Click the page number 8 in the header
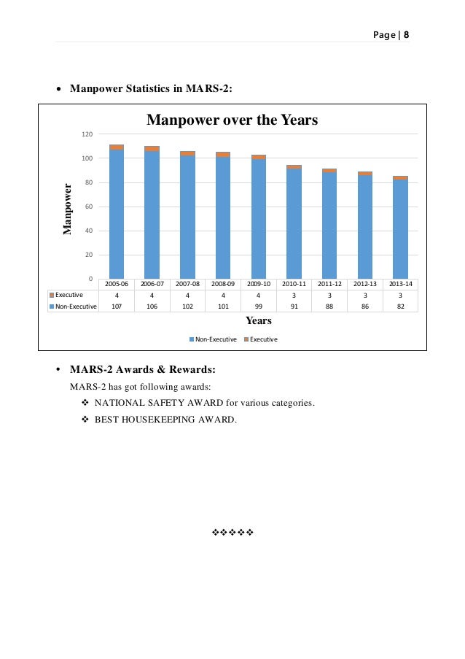pos(406,34)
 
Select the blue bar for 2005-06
pos(117,215)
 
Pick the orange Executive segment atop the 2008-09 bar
pos(223,155)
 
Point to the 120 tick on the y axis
pos(87,134)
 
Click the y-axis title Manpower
pos(68,209)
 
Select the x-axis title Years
pos(259,320)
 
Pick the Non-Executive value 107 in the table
pos(117,307)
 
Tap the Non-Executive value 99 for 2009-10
pos(259,307)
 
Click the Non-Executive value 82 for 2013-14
pos(400,307)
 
